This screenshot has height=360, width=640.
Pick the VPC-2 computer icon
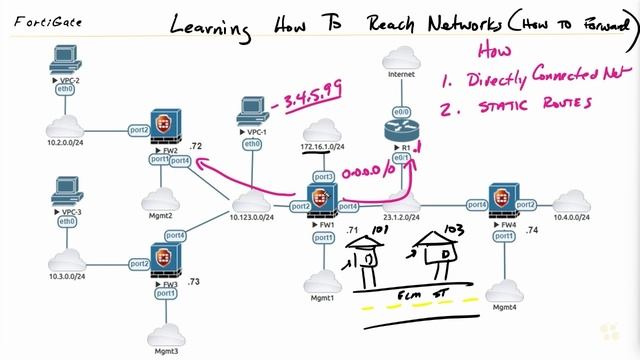pos(67,68)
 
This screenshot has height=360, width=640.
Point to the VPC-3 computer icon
pos(67,189)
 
